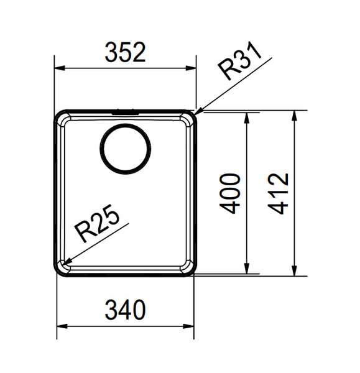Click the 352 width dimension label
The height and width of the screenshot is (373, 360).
point(125,52)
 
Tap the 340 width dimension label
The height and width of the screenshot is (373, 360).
point(125,310)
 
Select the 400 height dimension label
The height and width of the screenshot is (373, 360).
point(230,193)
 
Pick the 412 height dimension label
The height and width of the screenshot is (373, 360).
point(279,193)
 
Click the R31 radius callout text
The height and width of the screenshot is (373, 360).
point(240,62)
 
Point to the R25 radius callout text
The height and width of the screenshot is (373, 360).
point(97,223)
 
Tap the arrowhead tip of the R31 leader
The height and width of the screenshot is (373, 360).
point(196,113)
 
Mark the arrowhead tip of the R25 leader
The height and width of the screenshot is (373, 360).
point(62,265)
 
